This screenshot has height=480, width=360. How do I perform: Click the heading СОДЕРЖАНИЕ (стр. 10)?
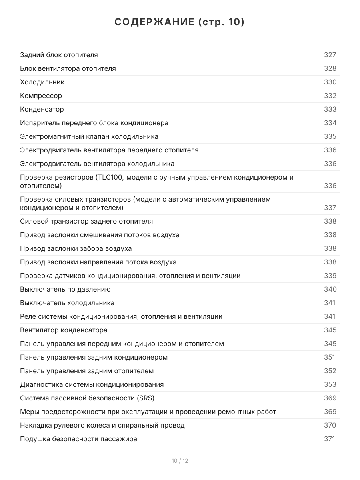point(180,22)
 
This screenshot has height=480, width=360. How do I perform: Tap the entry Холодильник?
point(42,82)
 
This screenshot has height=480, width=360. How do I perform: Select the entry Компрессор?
point(41,96)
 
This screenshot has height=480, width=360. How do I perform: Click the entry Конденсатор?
point(42,109)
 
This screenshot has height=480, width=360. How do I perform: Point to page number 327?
point(330,55)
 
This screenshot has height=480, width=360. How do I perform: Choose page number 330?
point(330,82)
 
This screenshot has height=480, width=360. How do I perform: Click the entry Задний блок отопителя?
point(59,55)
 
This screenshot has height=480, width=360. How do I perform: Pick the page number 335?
point(330,136)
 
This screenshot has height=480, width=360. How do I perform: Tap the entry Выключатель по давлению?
point(65,289)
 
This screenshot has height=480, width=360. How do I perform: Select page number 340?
point(330,289)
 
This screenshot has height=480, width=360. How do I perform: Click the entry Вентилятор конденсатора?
point(64,330)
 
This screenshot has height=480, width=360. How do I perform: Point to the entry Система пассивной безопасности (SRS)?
point(87,398)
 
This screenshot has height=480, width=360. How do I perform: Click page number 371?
point(329,439)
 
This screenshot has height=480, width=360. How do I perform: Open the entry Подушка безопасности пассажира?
point(78,439)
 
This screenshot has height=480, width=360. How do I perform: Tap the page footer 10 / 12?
point(180,461)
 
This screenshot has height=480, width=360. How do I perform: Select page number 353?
point(330,384)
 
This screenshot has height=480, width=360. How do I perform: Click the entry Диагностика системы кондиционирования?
point(92,384)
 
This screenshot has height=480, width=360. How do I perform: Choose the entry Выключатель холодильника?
point(67,303)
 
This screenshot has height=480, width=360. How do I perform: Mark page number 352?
point(330,371)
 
